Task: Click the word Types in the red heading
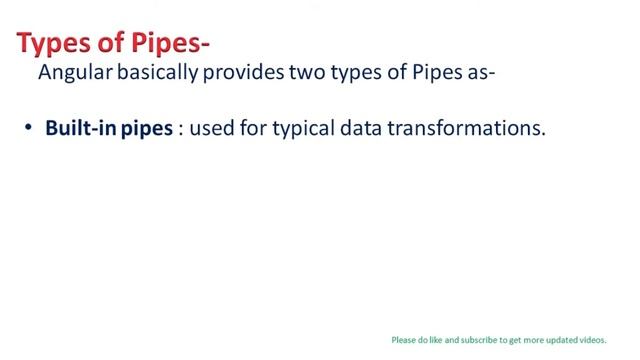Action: (x=50, y=44)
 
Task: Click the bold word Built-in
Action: (x=80, y=130)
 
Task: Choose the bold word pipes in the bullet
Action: (x=147, y=131)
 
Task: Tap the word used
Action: (x=211, y=130)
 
